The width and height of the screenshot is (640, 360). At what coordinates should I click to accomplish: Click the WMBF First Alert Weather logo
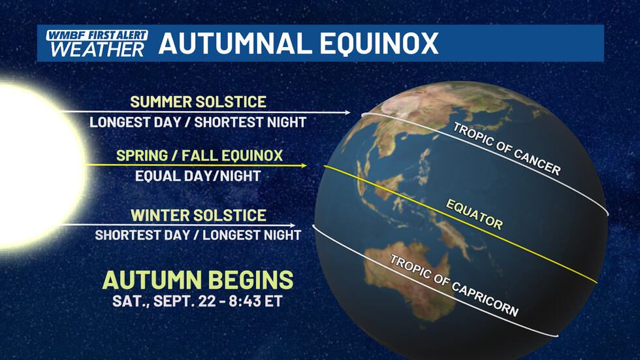tap(96, 43)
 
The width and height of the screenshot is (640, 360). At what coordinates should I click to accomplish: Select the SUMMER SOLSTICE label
tap(198, 102)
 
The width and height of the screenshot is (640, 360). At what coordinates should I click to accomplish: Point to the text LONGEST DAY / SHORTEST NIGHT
tap(198, 122)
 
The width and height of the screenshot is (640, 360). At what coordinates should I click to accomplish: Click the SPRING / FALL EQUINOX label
tap(199, 156)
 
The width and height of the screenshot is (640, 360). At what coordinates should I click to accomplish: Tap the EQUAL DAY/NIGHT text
tap(198, 175)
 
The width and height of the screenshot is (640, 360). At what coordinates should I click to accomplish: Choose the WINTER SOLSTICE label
tap(198, 215)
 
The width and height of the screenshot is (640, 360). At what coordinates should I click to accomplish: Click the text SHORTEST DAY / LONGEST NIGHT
tap(198, 235)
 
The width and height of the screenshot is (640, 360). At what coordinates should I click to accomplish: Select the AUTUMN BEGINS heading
tap(198, 280)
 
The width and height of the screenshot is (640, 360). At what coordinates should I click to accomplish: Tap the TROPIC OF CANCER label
tap(507, 150)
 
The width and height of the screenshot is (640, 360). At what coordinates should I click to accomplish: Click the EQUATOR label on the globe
tap(474, 214)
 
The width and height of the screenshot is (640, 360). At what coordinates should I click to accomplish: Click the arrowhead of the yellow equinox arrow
tap(304, 166)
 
